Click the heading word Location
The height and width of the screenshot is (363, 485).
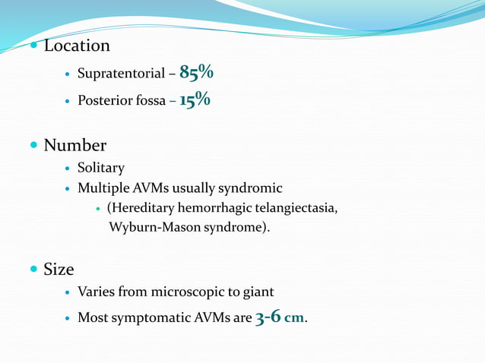click(77, 46)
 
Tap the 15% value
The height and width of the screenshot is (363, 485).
click(195, 101)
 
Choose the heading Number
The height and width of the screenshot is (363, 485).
click(74, 144)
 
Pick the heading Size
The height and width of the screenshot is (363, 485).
click(59, 268)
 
